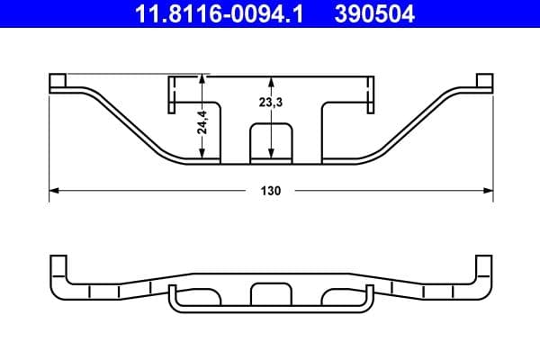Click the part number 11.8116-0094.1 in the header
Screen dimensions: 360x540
point(208,13)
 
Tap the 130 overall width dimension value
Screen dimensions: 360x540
point(271,191)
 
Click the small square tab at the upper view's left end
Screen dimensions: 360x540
point(58,82)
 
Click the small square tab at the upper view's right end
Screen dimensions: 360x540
point(485,82)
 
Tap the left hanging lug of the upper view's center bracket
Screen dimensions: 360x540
point(175,94)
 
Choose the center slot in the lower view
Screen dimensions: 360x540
point(270,293)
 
